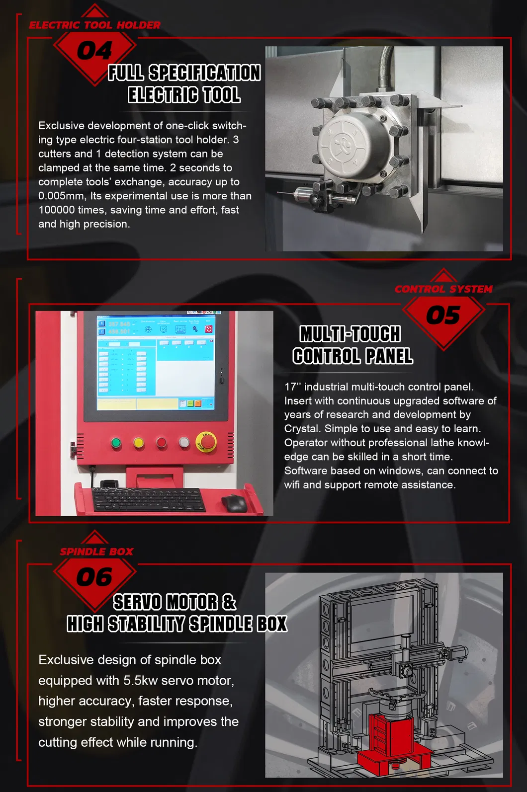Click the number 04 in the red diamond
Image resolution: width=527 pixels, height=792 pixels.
click(x=94, y=51)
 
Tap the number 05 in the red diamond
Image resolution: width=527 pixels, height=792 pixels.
click(x=443, y=316)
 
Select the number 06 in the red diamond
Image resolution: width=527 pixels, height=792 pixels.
click(x=94, y=577)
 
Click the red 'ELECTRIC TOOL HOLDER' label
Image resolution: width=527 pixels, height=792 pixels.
click(x=94, y=25)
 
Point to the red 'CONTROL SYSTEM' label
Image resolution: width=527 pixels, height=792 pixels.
click(x=443, y=289)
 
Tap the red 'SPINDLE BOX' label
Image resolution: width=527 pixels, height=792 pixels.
click(x=96, y=552)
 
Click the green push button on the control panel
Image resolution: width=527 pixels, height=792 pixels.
click(x=116, y=443)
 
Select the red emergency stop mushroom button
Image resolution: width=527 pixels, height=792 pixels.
click(x=207, y=442)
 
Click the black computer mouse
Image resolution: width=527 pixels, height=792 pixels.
click(x=234, y=503)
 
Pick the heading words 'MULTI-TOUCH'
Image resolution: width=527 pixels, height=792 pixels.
click(x=350, y=334)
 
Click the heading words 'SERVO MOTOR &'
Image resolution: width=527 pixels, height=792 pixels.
click(x=175, y=603)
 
